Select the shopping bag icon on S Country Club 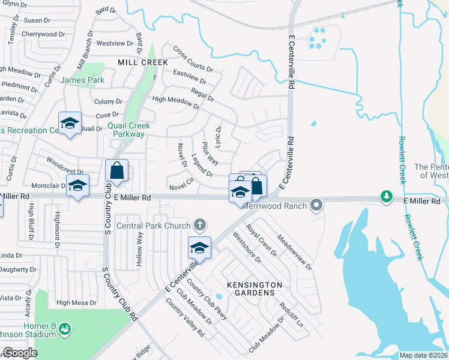click(x=116, y=170)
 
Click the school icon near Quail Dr click(x=70, y=124)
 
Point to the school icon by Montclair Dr click(x=77, y=185)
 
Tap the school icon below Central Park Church click(x=200, y=247)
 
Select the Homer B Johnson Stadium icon click(x=65, y=329)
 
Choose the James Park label click(x=83, y=80)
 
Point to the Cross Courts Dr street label click(x=193, y=59)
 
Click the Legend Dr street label click(x=202, y=165)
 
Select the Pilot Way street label click(x=209, y=154)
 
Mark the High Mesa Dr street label click(x=76, y=303)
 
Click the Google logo click(x=20, y=353)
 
